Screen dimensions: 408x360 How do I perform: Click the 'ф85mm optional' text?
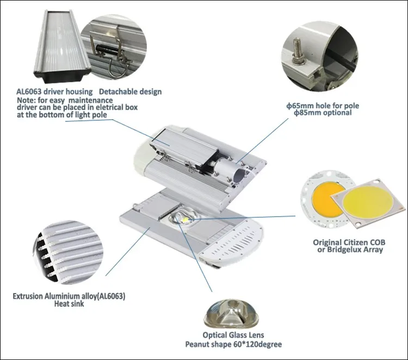tap(323, 113)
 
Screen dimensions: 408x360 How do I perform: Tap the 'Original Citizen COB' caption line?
tap(349, 242)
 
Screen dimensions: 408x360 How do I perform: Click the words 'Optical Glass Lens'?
tap(233, 335)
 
